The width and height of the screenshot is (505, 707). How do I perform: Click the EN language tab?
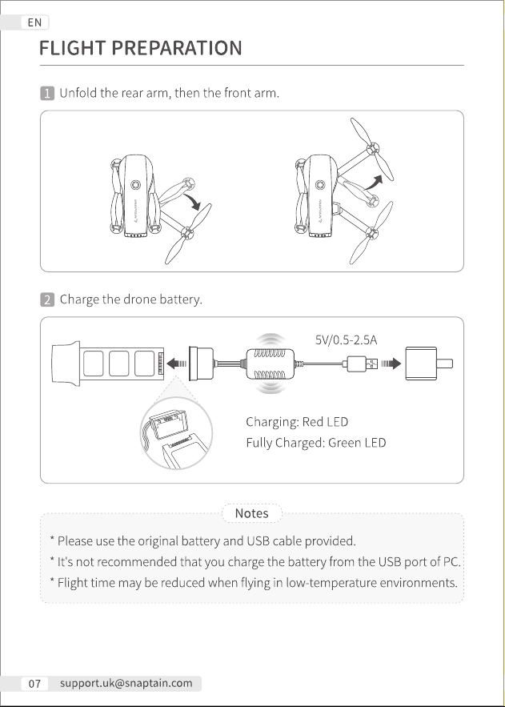(34, 22)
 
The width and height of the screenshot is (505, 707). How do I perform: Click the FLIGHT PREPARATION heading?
(141, 48)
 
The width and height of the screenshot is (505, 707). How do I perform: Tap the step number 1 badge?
(47, 94)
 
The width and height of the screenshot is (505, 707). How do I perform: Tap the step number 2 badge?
(47, 299)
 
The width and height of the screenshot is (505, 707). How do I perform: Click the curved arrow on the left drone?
(193, 201)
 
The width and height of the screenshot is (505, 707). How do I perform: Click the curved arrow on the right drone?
(374, 183)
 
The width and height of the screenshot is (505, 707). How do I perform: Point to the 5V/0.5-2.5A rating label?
(346, 340)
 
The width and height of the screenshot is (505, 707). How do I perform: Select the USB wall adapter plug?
(428, 364)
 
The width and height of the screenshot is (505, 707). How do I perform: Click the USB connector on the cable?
(363, 364)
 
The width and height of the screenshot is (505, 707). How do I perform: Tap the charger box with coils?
(271, 364)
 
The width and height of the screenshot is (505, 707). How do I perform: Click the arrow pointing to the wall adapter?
(391, 364)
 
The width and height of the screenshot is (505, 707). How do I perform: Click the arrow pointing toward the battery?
(177, 364)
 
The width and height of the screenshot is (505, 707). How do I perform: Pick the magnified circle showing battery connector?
(176, 433)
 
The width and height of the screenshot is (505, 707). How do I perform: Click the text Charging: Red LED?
(297, 422)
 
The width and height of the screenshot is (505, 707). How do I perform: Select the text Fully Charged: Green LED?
(316, 443)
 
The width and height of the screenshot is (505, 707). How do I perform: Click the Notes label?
(252, 513)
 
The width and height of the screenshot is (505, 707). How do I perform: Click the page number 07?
(34, 684)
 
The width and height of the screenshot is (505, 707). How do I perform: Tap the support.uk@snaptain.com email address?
(126, 683)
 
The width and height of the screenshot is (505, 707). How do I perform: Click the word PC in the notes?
(451, 562)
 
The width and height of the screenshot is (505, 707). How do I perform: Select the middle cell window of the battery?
(119, 364)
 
